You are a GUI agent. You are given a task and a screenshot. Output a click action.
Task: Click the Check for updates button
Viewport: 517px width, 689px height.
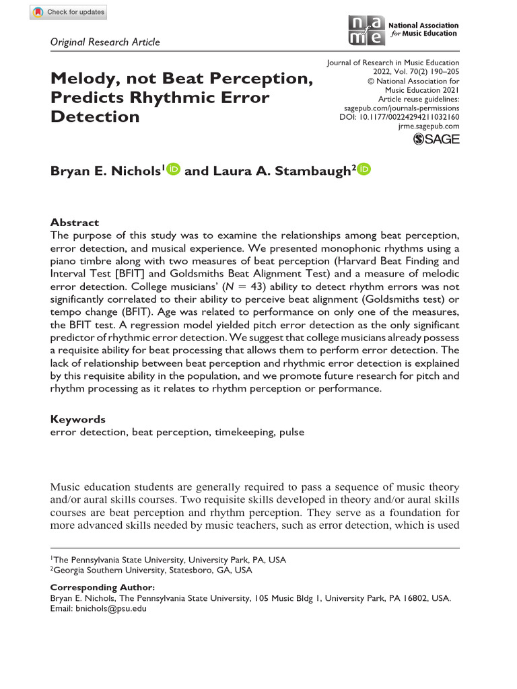click(68, 13)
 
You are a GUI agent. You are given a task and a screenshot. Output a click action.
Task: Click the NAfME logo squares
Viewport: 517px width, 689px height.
click(368, 31)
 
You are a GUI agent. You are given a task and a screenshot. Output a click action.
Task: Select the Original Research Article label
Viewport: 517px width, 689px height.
click(105, 42)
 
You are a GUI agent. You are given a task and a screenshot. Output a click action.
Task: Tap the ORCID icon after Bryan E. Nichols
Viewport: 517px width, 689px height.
click(173, 170)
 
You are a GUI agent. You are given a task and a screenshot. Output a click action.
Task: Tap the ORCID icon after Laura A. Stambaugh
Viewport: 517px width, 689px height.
click(364, 170)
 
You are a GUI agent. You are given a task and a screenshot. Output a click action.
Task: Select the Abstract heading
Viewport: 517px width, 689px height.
click(75, 222)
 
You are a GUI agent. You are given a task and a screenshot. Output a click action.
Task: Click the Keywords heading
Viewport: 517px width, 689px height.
click(78, 419)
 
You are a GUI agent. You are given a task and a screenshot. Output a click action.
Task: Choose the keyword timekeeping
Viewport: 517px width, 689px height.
click(241, 432)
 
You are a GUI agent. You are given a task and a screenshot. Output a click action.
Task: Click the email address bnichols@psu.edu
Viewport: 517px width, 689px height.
click(110, 608)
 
